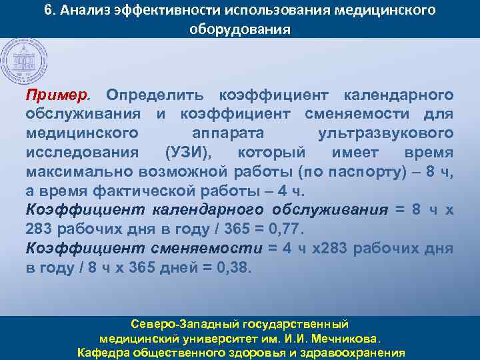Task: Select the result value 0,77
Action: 284,229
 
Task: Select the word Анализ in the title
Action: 94,11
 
